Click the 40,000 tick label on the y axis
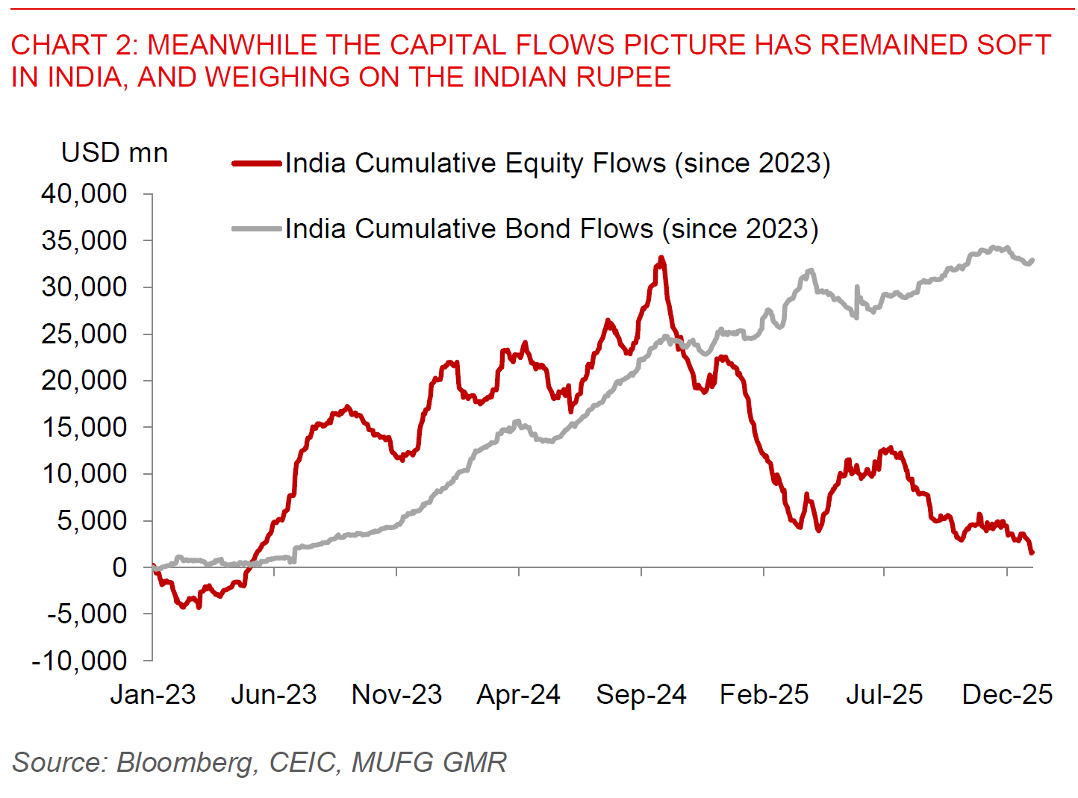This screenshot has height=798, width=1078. [x=84, y=194]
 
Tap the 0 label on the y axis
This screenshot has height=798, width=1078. [x=119, y=567]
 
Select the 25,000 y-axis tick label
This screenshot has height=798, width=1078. [x=84, y=334]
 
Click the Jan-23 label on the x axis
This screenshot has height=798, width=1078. [x=153, y=695]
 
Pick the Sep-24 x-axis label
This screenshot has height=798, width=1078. [x=641, y=695]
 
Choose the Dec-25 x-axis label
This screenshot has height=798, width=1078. [x=1007, y=695]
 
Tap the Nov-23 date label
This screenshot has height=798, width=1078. [x=397, y=695]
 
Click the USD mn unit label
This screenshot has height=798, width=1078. [x=115, y=153]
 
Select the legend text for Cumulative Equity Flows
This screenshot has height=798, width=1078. [x=558, y=163]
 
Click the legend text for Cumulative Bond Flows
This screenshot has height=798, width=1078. [x=552, y=228]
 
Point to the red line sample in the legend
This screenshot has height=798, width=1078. [x=257, y=163]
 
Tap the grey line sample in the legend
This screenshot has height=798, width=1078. [x=257, y=228]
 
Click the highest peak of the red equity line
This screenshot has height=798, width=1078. [x=661, y=259]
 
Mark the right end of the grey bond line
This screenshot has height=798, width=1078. [x=1032, y=261]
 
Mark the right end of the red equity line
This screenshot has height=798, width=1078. [x=1032, y=552]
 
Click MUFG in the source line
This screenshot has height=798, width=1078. [x=393, y=762]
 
